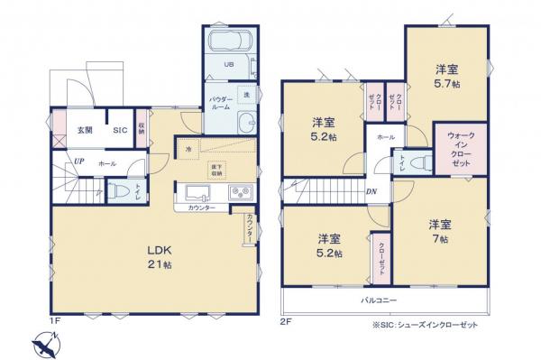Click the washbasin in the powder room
pyautogui.click(x=247, y=125)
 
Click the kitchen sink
pyautogui.click(x=197, y=192)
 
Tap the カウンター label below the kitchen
pyautogui.click(x=201, y=208)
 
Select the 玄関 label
pyautogui.click(x=84, y=130)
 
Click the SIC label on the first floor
pyautogui.click(x=119, y=130)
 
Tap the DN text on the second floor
pyautogui.click(x=371, y=190)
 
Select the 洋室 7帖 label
pyautogui.click(x=439, y=231)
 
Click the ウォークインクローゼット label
pyautogui.click(x=460, y=151)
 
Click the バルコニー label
pyautogui.click(x=381, y=299)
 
